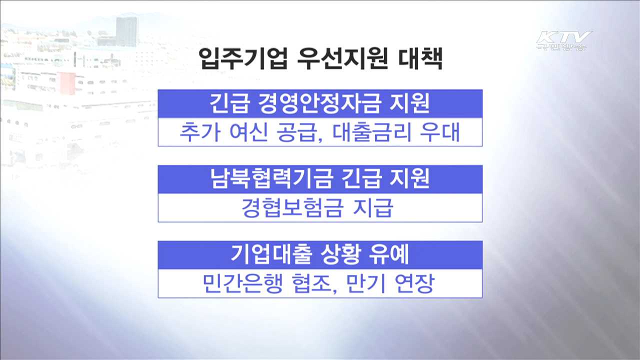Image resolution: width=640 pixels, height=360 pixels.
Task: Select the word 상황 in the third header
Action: click(x=337, y=254)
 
